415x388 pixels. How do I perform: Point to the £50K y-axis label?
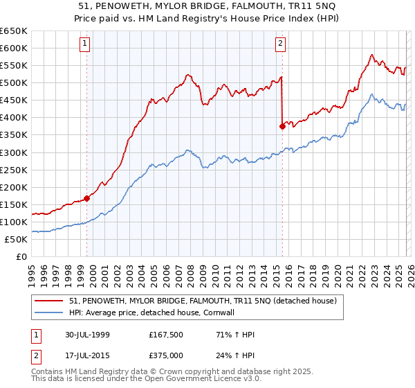point(16,239)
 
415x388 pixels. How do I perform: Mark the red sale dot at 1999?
point(87,198)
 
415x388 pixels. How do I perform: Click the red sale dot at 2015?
point(282,126)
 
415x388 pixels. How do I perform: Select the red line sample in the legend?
point(50,301)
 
